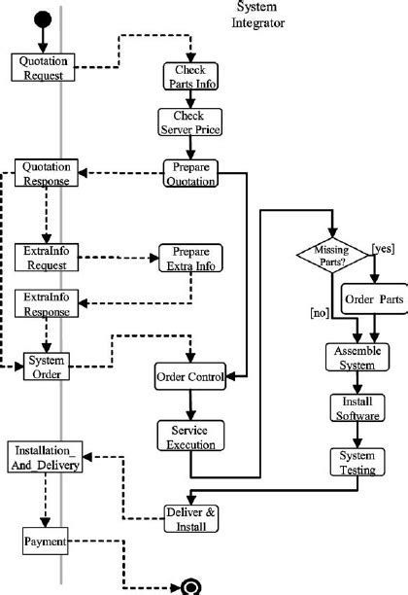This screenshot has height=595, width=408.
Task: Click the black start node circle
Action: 42,18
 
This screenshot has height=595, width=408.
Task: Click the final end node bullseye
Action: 191,585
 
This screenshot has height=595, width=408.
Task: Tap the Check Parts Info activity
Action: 189,76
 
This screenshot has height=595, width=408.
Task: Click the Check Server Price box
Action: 189,122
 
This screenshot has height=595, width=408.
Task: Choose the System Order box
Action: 46,365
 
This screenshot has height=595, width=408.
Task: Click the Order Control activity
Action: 190,375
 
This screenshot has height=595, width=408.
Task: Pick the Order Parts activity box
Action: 374,299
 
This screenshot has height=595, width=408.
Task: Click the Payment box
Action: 45,542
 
